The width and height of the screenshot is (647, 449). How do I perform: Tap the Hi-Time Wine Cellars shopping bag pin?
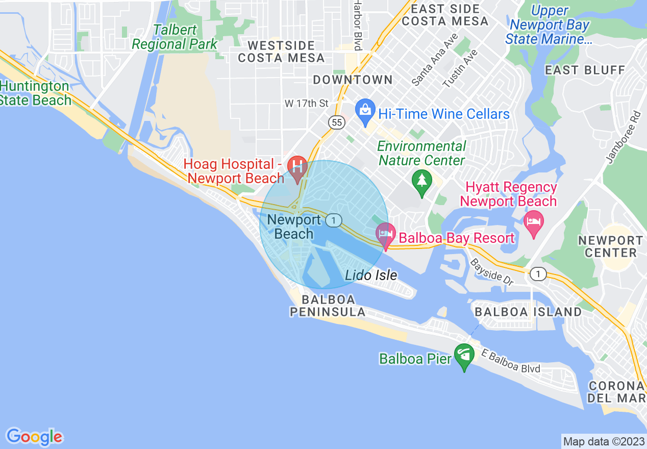(365, 112)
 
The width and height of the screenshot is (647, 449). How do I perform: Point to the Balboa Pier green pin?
(464, 357)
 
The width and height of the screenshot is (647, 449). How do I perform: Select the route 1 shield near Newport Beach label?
(334, 220)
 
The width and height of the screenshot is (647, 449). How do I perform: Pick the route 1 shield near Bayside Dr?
(537, 275)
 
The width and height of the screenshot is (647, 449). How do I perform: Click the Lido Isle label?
(371, 276)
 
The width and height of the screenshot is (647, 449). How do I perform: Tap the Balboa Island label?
(528, 312)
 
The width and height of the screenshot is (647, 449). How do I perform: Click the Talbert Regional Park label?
(175, 37)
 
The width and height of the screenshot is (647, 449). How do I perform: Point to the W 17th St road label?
(307, 104)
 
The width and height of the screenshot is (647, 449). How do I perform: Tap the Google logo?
(34, 437)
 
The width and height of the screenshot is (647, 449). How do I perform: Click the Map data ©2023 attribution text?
(603, 441)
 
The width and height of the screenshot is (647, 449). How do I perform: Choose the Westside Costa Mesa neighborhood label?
(282, 51)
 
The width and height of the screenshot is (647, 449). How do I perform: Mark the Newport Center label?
(611, 246)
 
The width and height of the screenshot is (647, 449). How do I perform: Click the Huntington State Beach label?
(35, 93)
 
